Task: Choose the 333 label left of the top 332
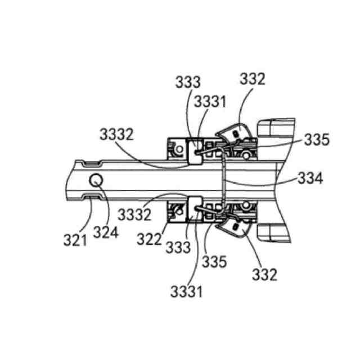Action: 187,82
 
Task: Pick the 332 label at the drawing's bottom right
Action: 265,275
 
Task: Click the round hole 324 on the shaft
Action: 96,180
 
